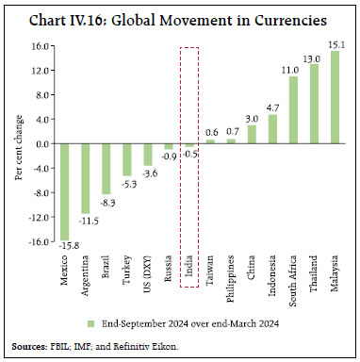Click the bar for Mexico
65,191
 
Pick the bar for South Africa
293,110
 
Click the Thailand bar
314,104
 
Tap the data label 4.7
272,107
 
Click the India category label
189,268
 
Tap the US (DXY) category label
148,276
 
